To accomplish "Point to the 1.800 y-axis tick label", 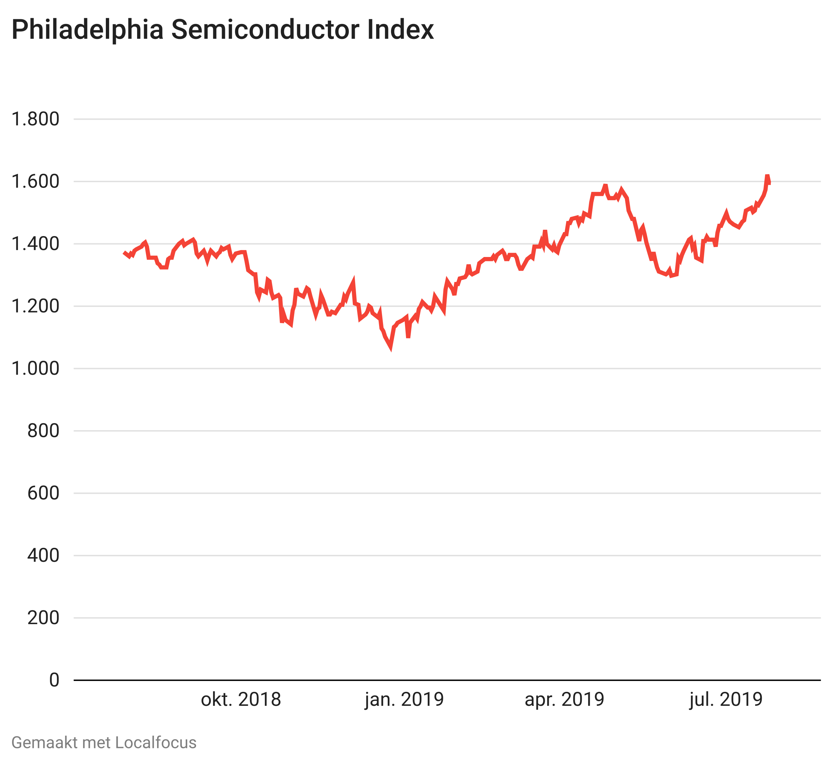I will [36, 119].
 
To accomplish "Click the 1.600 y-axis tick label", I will [36, 182].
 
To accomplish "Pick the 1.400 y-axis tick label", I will [36, 244].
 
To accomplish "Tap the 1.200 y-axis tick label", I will [36, 307].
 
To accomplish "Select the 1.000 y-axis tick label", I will [36, 369].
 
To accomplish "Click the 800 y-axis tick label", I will [43, 431].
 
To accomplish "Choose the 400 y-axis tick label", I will [43, 556].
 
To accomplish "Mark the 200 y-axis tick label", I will [43, 618].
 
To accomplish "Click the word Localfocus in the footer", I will [156, 743].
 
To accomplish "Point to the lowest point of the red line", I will [390, 348].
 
